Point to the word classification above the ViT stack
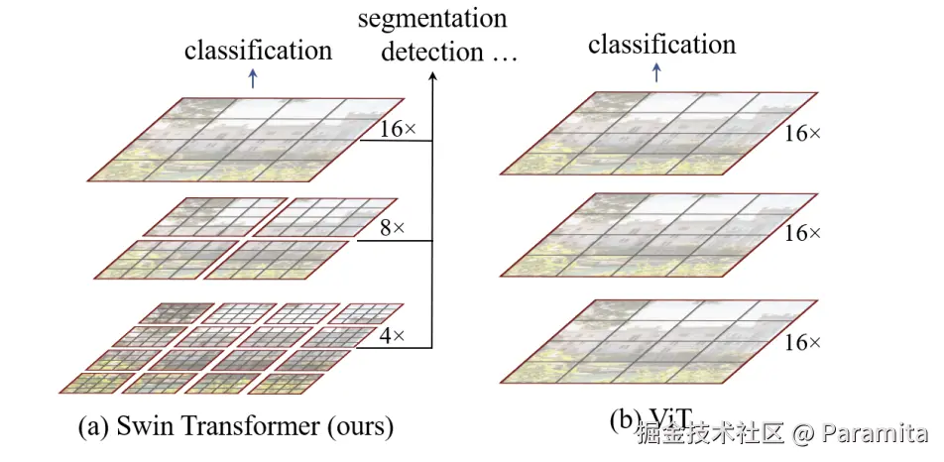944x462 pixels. (661, 45)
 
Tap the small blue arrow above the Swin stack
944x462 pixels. (255, 79)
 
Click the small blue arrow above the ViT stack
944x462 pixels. (656, 72)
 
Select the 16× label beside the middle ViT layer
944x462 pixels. (802, 234)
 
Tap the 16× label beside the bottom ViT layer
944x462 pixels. (802, 342)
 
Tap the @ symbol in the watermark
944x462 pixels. (804, 434)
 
